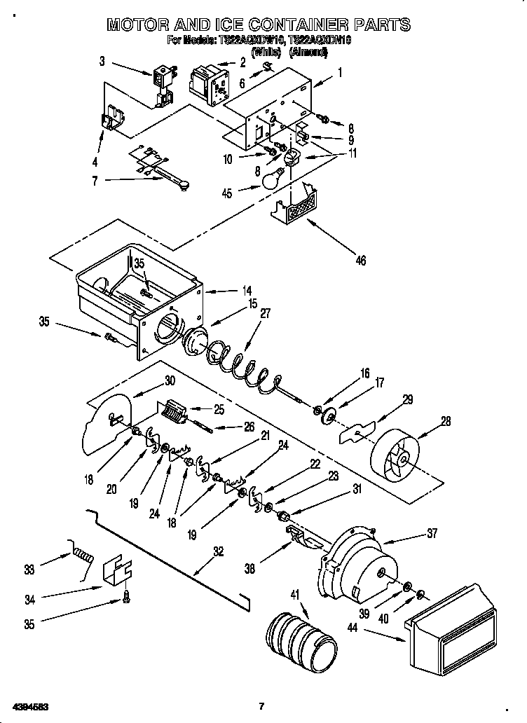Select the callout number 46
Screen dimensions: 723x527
pyautogui.click(x=360, y=261)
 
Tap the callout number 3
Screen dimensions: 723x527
pyautogui.click(x=102, y=62)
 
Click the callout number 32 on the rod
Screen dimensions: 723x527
pyautogui.click(x=219, y=551)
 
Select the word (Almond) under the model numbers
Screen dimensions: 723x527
pyautogui.click(x=309, y=52)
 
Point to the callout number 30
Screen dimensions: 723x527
pyautogui.click(x=169, y=381)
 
